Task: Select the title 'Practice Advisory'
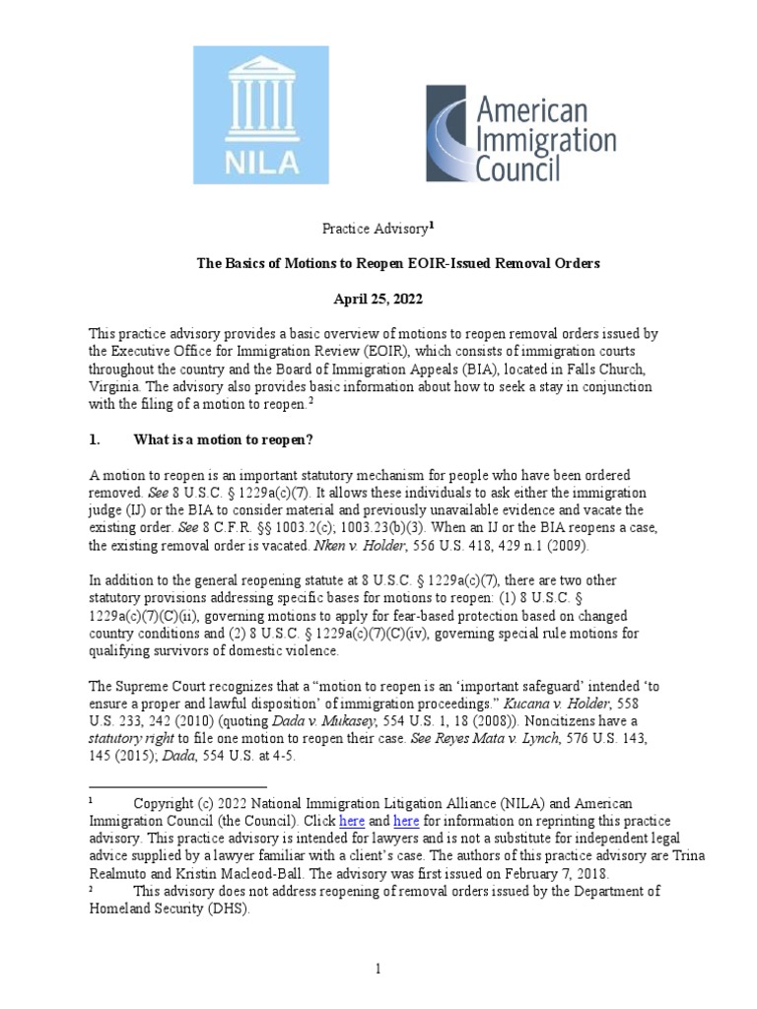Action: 376,229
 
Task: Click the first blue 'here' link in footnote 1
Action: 352,821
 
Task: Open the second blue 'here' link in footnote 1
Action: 406,821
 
